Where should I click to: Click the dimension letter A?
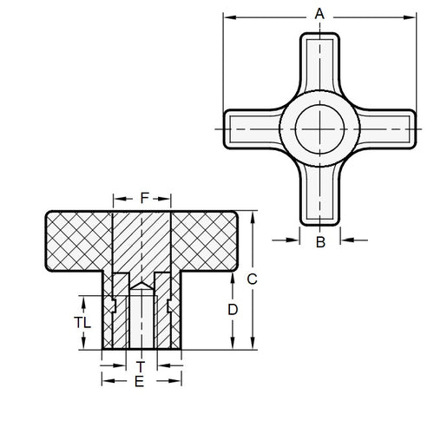click(x=319, y=13)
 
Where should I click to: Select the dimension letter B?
click(x=319, y=243)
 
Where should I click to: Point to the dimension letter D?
click(x=232, y=310)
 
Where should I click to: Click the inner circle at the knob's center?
click(x=319, y=128)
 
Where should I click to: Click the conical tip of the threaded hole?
click(x=142, y=285)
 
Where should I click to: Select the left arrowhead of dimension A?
click(x=229, y=15)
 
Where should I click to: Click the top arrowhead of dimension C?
click(x=252, y=215)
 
